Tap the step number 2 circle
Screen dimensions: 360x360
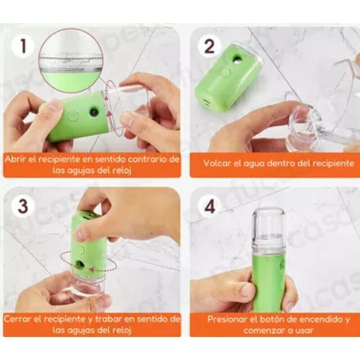(210, 46)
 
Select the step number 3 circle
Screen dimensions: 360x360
(23, 205)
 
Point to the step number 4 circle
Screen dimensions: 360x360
(210, 206)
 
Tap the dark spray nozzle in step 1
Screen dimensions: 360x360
(94, 112)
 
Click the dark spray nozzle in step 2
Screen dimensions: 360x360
(237, 59)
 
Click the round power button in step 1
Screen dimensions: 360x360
(74, 115)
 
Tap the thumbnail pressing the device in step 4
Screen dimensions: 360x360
(247, 289)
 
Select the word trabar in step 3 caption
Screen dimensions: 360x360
(107, 319)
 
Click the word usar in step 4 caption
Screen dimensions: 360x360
(305, 330)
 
